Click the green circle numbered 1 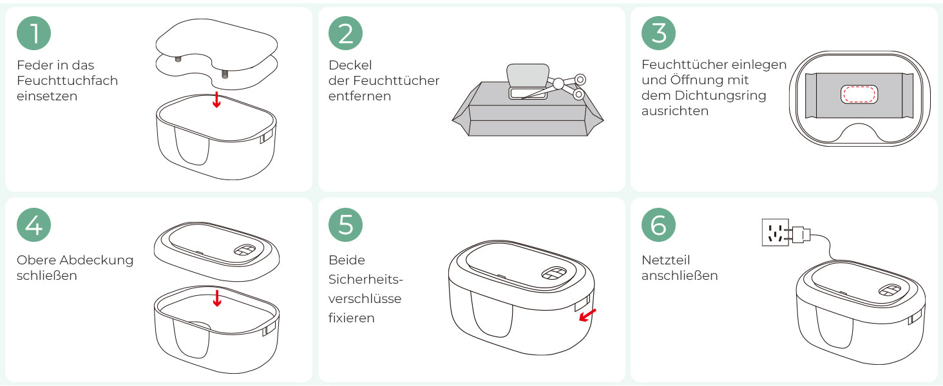coord(33,33)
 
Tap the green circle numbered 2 coord(345,33)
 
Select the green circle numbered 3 coord(658,33)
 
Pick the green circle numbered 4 coord(33,225)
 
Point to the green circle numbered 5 coord(345,225)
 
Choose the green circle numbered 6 coord(658,225)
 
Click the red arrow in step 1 coord(216,100)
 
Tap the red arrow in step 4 coord(217,298)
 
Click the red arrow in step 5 coord(587,315)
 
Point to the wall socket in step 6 coord(776,232)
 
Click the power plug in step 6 coord(800,234)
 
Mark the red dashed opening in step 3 coord(859,94)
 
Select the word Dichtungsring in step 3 coord(720,96)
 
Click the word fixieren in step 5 coord(352,318)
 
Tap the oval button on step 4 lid coord(245,250)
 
